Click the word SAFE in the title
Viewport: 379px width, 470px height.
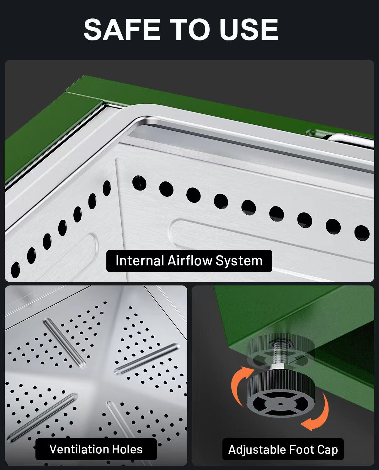pyautogui.click(x=122, y=29)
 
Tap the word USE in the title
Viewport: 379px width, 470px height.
pyautogui.click(x=249, y=29)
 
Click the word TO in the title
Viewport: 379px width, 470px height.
pyautogui.click(x=190, y=29)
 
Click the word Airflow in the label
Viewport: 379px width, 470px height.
pyautogui.click(x=190, y=261)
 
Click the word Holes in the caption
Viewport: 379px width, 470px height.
pyautogui.click(x=127, y=449)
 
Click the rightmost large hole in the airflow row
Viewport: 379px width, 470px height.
pyautogui.click(x=362, y=233)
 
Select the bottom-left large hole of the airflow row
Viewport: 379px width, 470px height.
pyautogui.click(x=15, y=270)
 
